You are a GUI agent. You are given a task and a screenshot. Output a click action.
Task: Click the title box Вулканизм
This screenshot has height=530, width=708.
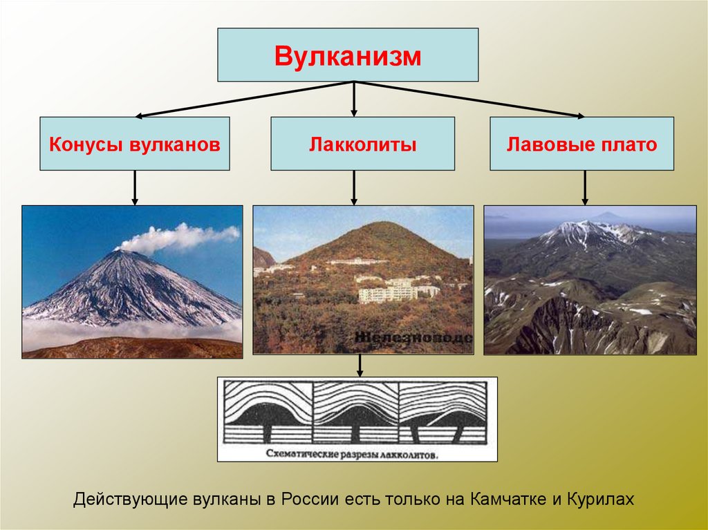(x=348, y=55)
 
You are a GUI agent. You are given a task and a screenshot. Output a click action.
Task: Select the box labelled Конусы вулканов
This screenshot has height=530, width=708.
(x=134, y=144)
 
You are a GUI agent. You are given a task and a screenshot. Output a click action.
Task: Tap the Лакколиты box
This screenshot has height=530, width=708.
(x=362, y=144)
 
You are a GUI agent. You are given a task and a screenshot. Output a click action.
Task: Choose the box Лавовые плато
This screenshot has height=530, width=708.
(x=581, y=144)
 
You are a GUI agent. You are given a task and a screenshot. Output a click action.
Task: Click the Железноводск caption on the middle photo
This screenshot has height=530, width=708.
(x=413, y=338)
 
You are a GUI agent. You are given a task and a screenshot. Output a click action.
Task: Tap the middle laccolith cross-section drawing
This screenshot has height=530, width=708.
(x=356, y=415)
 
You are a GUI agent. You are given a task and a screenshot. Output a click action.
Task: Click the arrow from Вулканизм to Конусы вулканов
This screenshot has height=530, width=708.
(x=242, y=100)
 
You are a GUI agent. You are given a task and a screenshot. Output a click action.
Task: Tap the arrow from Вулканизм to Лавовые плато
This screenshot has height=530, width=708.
(x=470, y=100)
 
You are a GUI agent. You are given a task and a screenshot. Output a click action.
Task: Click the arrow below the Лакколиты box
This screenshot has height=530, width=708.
(x=354, y=187)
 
